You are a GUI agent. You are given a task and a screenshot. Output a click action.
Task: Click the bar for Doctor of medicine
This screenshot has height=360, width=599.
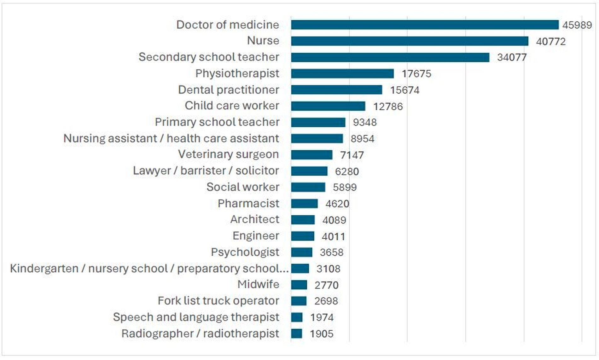click(424, 25)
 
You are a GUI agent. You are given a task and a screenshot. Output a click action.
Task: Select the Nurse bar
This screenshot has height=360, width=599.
click(410, 41)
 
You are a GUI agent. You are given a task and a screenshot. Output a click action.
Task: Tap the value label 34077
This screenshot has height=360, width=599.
click(512, 57)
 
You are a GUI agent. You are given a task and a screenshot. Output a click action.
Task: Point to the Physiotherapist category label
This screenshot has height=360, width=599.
click(237, 73)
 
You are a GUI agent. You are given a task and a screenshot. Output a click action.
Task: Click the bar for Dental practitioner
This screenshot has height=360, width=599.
click(336, 90)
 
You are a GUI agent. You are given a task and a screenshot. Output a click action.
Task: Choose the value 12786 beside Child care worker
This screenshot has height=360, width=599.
click(388, 106)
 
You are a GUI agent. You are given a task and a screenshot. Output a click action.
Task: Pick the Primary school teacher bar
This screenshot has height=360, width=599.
click(318, 122)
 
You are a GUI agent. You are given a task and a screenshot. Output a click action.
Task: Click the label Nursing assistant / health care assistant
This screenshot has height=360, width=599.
click(171, 138)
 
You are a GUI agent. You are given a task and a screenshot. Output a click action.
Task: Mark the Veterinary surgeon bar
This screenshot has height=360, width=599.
click(311, 155)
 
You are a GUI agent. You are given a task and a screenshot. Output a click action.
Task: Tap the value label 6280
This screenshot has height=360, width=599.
click(347, 171)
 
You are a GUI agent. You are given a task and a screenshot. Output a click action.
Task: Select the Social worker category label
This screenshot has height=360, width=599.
click(243, 187)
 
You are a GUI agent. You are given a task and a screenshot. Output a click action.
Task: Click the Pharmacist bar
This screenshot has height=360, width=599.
click(304, 204)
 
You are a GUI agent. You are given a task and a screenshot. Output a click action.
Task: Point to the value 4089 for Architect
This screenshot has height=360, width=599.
click(334, 220)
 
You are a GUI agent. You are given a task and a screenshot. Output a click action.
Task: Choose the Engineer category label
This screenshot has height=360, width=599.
click(256, 236)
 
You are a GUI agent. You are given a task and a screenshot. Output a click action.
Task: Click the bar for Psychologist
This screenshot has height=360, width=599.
click(302, 252)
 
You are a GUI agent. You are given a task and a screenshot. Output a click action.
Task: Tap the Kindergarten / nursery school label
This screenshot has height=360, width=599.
click(149, 269)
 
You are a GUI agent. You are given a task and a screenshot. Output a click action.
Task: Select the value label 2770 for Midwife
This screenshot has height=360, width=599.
click(326, 285)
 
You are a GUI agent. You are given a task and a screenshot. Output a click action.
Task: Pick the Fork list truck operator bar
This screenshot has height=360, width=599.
click(299, 301)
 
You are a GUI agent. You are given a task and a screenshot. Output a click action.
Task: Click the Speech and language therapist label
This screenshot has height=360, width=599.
click(196, 317)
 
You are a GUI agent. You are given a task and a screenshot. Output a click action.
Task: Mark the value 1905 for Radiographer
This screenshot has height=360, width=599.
click(321, 334)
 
